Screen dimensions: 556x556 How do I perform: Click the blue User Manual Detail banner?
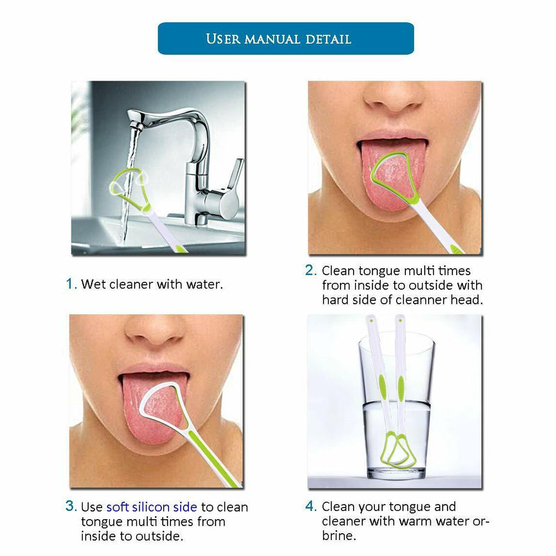click(x=286, y=38)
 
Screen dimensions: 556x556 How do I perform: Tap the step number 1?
click(x=70, y=284)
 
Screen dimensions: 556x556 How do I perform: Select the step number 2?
click(x=311, y=270)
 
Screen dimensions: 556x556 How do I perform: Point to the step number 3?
click(x=71, y=507)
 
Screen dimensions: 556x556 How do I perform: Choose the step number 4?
click(x=311, y=506)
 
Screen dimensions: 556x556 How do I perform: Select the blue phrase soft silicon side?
click(x=152, y=507)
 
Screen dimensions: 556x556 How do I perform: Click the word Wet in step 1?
click(x=92, y=284)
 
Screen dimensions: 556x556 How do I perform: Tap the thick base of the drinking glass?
click(x=394, y=473)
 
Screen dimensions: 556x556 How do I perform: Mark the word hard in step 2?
click(x=336, y=300)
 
